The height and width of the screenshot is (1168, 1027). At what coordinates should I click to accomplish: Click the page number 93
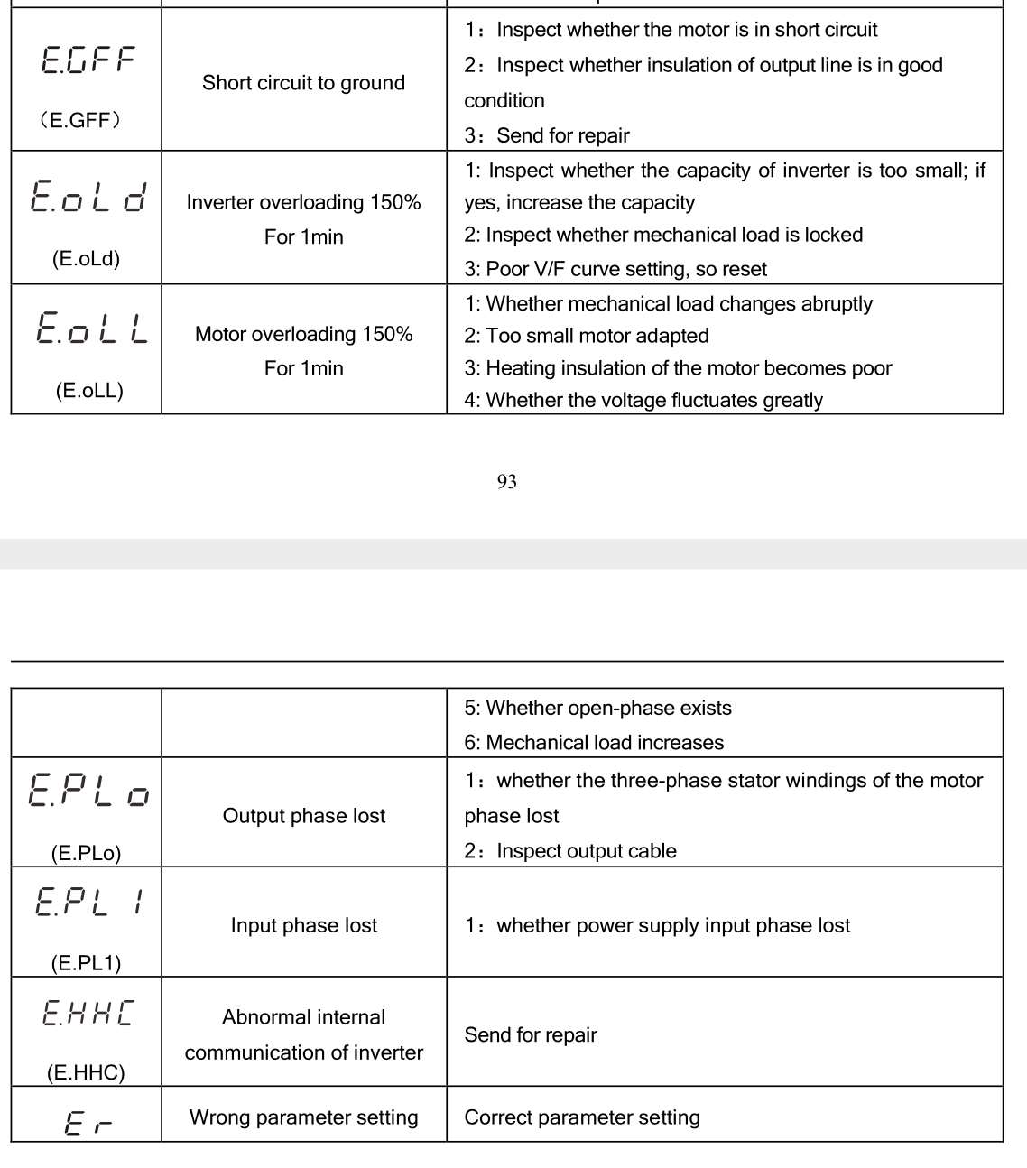click(x=506, y=482)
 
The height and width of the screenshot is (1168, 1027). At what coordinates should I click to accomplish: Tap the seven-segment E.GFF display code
click(x=88, y=60)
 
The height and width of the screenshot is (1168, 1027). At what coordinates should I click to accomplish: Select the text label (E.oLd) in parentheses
click(x=86, y=259)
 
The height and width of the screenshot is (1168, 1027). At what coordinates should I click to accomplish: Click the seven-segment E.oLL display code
click(x=91, y=328)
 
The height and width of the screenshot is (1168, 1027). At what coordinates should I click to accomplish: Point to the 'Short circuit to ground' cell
click(x=303, y=83)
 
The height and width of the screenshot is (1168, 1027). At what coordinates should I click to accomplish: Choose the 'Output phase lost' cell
click(x=303, y=816)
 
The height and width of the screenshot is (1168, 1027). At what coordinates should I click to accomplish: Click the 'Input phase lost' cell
click(x=303, y=925)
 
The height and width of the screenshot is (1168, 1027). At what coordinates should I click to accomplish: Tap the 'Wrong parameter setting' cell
click(x=303, y=1117)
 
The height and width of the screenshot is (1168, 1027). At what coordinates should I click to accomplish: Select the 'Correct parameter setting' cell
click(x=582, y=1117)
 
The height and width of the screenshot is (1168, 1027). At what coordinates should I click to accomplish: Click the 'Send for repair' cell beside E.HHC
click(x=531, y=1034)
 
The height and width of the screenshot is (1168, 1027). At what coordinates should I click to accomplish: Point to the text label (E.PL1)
click(x=86, y=963)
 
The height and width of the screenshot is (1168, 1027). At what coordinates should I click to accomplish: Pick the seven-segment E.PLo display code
click(x=88, y=791)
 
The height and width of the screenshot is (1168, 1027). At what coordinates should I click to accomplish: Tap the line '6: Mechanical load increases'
click(x=594, y=743)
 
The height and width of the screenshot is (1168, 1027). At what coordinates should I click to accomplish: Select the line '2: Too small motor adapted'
click(x=587, y=336)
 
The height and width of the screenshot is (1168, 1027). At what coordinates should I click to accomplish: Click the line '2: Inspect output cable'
click(x=570, y=851)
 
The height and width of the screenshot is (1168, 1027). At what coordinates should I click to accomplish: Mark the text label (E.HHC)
click(x=86, y=1072)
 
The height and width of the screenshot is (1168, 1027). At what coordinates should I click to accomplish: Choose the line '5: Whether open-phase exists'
click(x=597, y=709)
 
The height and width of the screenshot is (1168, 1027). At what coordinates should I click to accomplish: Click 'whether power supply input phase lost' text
click(x=673, y=925)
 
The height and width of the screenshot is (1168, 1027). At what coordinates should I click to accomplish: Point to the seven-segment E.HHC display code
click(x=88, y=1013)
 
